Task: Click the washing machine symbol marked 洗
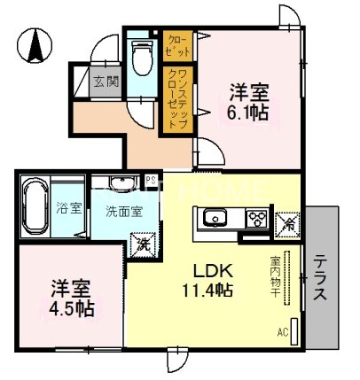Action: coord(140,243)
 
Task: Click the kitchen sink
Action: coord(216,219)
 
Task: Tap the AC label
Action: coord(284,334)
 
